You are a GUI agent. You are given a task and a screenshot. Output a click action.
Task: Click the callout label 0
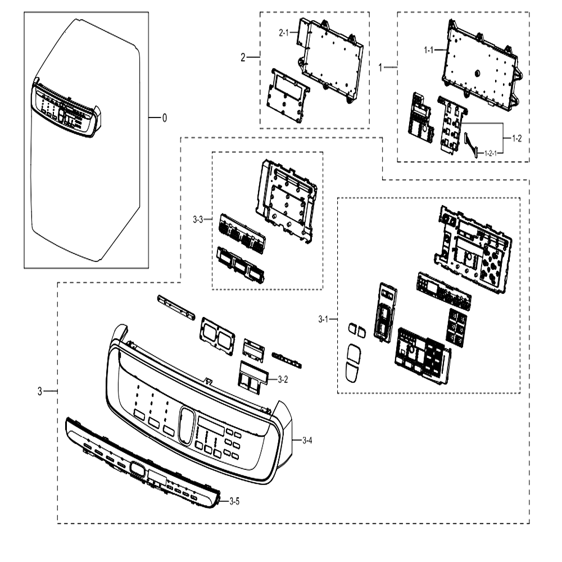tap(165, 118)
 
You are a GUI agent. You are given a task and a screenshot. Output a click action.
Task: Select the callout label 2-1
tap(283, 33)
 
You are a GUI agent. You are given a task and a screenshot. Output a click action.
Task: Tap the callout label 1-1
tap(429, 50)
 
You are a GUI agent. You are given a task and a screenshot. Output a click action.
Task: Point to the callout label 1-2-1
tap(491, 153)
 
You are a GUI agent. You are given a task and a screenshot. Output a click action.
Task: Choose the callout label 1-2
tap(517, 138)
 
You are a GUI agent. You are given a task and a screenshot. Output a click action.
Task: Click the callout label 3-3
tap(198, 219)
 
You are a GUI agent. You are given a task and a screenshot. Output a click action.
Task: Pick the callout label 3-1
tap(323, 319)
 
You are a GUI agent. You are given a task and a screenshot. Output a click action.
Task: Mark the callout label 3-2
tap(283, 379)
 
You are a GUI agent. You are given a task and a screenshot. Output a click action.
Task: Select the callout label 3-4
tap(307, 440)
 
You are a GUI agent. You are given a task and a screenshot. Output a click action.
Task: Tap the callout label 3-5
tap(234, 501)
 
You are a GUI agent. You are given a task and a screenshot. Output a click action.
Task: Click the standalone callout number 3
tap(40, 391)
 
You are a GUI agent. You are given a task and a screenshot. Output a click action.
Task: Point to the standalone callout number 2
tap(243, 57)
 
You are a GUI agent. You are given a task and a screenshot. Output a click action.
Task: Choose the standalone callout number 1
tap(380, 67)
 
